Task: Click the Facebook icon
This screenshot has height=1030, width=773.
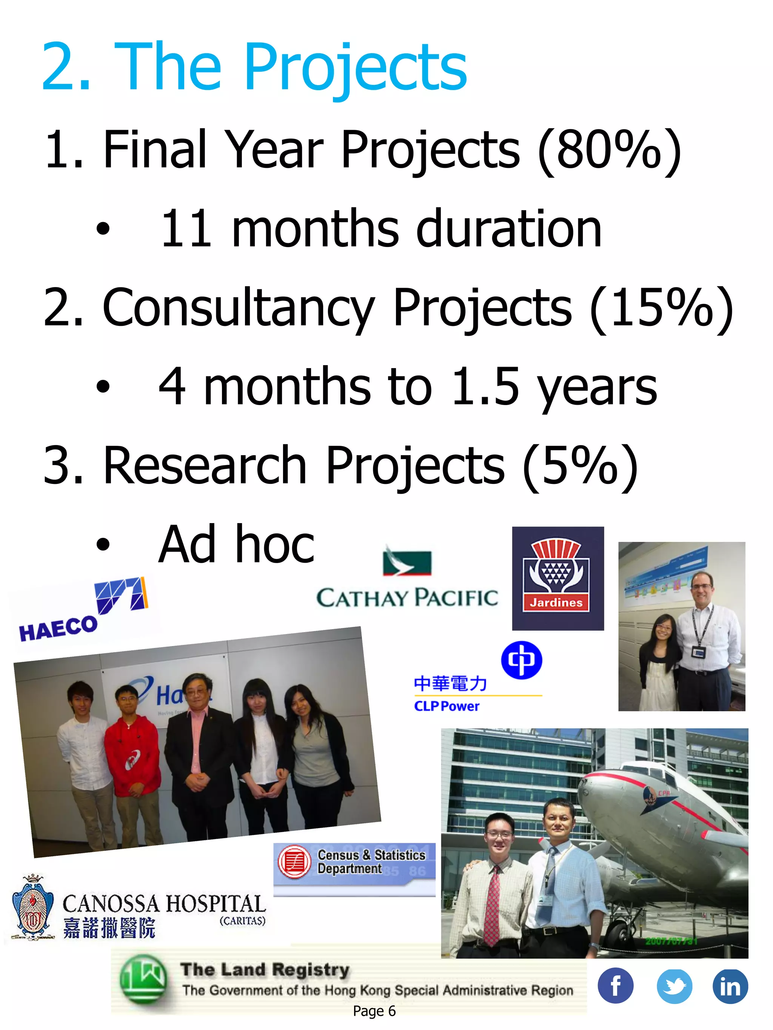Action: pos(615,986)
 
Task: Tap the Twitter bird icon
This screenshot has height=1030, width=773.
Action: pos(674,986)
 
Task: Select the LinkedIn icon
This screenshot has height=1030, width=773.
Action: pos(730,986)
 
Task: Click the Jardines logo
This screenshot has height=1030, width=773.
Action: pos(558,578)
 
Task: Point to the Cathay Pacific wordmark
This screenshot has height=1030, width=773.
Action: pos(407,597)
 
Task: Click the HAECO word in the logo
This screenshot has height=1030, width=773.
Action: pos(58,629)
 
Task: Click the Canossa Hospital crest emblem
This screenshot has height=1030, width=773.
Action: pos(32,909)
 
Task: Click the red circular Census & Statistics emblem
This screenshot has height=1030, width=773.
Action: pos(294,862)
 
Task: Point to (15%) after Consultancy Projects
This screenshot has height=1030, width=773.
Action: pos(662,308)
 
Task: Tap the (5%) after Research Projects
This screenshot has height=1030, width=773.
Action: pos(580,466)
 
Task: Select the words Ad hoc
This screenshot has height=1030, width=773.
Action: pos(237,544)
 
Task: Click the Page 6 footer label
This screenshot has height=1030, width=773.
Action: pos(374,1011)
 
